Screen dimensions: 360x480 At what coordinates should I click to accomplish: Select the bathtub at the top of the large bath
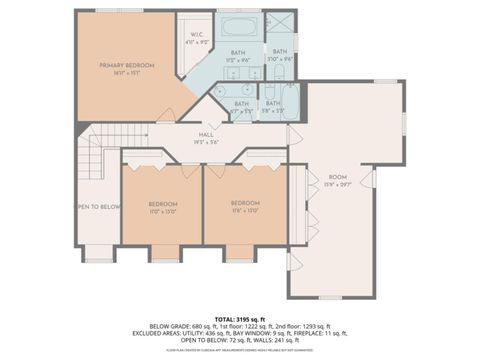[239, 26]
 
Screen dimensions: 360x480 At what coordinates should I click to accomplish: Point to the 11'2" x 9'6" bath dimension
[239, 60]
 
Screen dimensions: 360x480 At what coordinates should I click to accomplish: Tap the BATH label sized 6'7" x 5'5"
[242, 103]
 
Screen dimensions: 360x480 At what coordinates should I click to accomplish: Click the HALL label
[205, 135]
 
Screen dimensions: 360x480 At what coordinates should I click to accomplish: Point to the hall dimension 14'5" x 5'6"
[205, 143]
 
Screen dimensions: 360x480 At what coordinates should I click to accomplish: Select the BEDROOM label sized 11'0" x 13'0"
[162, 203]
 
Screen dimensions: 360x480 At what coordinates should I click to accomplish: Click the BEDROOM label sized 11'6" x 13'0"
[244, 203]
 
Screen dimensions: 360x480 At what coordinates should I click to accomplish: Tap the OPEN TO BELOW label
[98, 207]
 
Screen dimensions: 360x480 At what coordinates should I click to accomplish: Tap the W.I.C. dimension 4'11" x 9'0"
[198, 42]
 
